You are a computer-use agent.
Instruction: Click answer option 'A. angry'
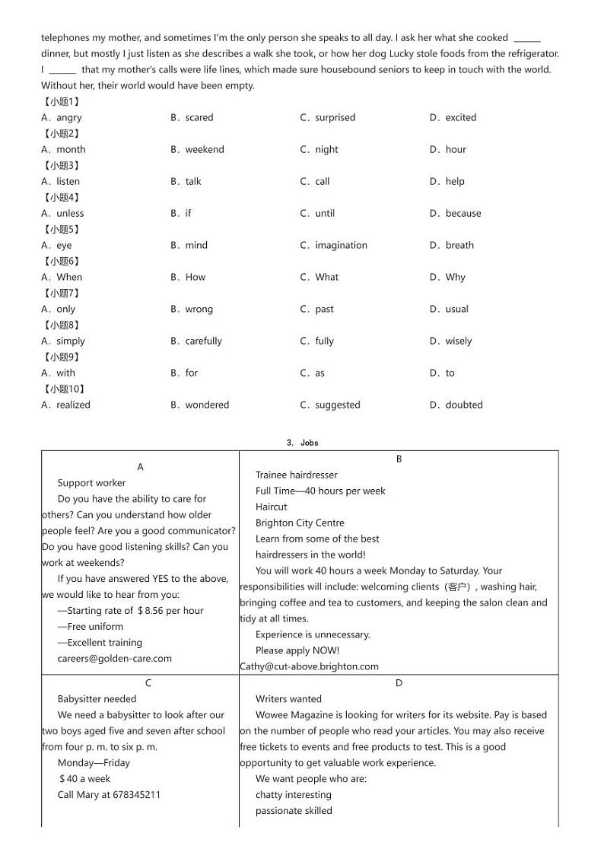click(62, 118)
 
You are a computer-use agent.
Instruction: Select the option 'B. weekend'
click(197, 150)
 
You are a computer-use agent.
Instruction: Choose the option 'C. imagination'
click(333, 246)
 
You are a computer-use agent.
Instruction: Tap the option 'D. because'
click(455, 214)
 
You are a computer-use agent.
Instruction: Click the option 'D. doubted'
click(456, 405)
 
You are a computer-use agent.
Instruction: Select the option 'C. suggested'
click(330, 405)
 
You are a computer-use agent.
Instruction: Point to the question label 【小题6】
click(61, 262)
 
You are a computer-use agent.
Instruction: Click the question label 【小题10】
click(64, 389)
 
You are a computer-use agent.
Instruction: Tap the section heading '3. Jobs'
click(302, 443)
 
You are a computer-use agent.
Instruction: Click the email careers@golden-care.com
click(114, 659)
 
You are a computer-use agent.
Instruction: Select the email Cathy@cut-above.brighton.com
click(309, 666)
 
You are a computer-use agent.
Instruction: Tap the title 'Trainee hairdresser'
click(296, 475)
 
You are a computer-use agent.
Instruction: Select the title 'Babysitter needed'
click(97, 699)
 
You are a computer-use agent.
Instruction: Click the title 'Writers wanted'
click(288, 699)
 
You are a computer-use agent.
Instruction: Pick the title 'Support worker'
click(91, 483)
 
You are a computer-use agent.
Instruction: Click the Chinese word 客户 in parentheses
click(458, 587)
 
